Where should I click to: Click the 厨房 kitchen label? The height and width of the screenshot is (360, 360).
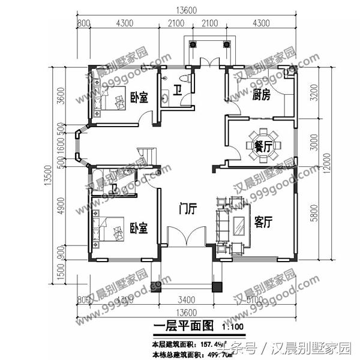click(260, 95)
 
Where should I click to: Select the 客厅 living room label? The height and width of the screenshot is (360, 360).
click(263, 223)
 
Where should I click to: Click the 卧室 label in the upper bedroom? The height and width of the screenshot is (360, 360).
click(139, 97)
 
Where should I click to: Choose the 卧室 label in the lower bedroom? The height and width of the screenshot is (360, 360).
click(139, 229)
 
